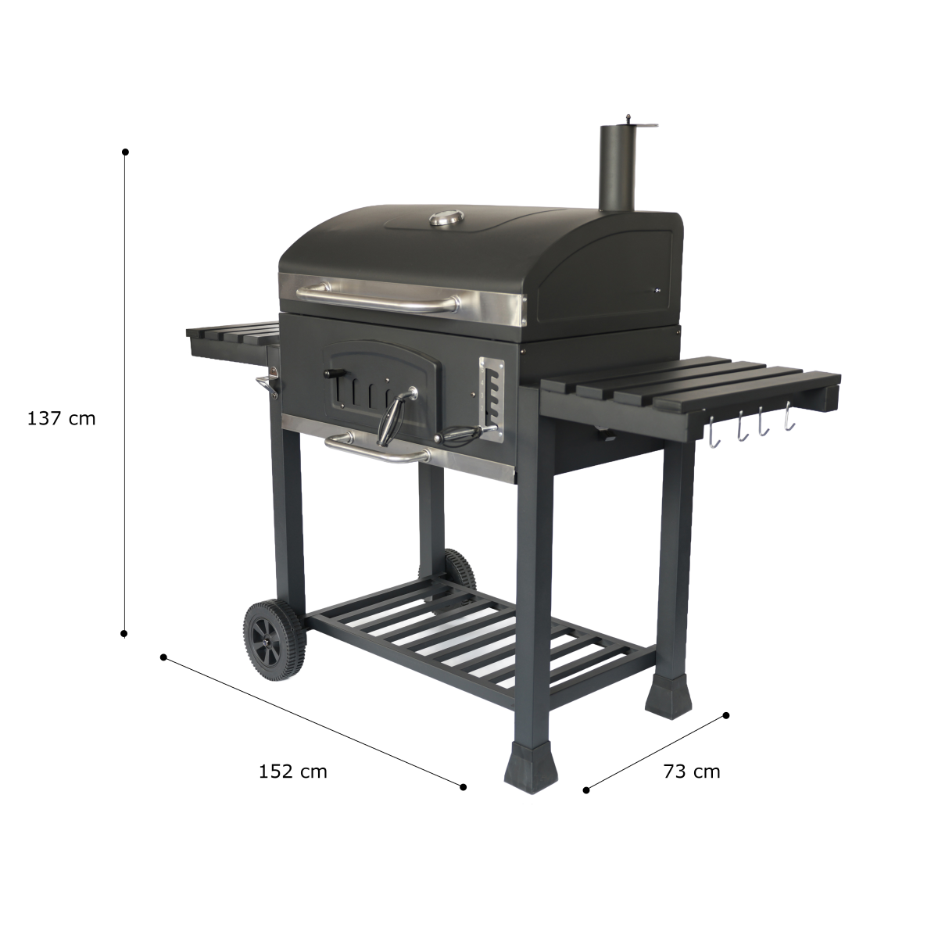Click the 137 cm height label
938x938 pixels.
[61, 419]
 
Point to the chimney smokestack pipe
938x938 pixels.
[618, 168]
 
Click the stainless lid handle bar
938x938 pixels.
[378, 298]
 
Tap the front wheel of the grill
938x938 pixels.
[275, 641]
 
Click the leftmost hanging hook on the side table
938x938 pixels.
[713, 432]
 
